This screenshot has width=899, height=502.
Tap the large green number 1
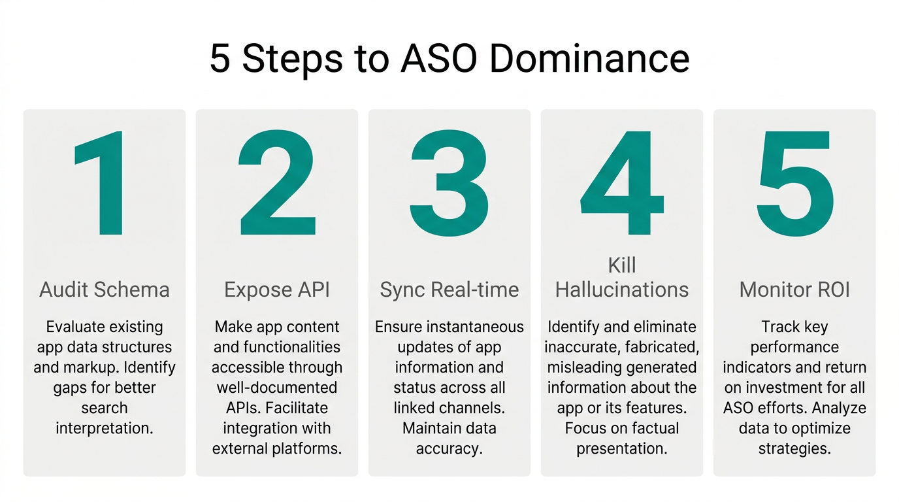(x=102, y=184)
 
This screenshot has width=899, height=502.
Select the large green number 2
(x=277, y=184)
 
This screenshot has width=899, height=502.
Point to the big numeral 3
(x=449, y=184)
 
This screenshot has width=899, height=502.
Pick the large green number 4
(x=621, y=184)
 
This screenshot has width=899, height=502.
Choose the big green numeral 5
(x=795, y=184)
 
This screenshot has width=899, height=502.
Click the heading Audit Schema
(x=105, y=290)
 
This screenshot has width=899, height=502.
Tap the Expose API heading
(x=277, y=290)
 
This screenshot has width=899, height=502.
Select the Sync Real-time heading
(x=449, y=290)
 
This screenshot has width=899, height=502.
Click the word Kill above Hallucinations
(x=622, y=265)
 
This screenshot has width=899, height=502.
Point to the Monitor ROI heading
(x=794, y=290)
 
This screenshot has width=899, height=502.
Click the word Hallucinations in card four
(x=622, y=290)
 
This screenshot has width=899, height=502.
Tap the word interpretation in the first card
(x=105, y=429)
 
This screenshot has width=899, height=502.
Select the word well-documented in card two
(x=277, y=388)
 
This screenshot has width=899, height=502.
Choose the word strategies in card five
(x=794, y=449)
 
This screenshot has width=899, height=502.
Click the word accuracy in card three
(x=449, y=449)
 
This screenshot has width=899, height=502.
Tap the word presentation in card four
(x=622, y=449)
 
